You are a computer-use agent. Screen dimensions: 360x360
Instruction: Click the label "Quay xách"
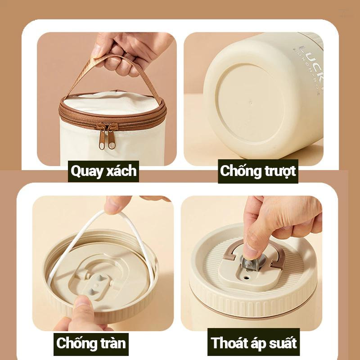(x=103, y=171)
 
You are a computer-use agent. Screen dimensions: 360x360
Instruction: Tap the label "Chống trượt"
(x=258, y=171)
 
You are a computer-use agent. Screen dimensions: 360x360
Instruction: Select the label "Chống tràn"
(x=91, y=343)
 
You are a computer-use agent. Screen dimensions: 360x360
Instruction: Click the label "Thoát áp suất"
(x=254, y=343)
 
